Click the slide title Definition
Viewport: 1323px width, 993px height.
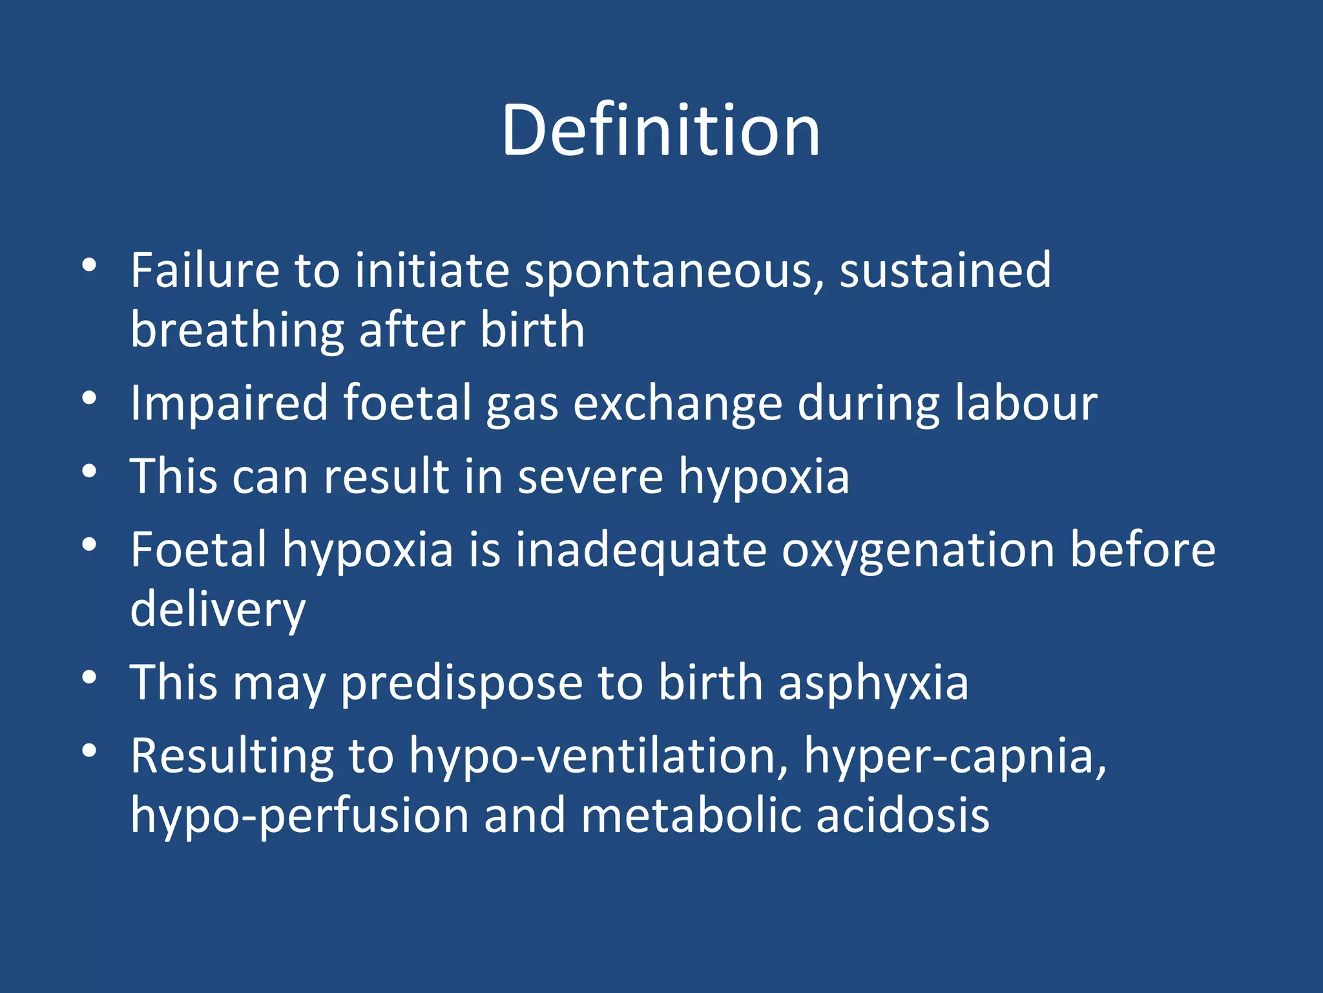(x=660, y=131)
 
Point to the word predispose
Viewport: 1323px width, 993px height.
(x=461, y=684)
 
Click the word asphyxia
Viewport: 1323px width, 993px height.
(x=873, y=684)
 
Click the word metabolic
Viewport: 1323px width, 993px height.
(x=691, y=816)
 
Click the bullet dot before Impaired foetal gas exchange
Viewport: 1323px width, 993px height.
(x=89, y=398)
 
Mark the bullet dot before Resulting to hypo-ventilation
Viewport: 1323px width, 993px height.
(x=89, y=751)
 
